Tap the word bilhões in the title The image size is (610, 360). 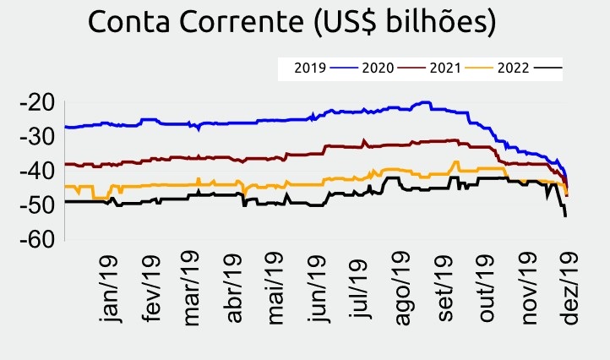click(441, 24)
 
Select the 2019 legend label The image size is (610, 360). click(310, 67)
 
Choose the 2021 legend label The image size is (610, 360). click(444, 67)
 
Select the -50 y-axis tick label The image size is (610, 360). click(36, 205)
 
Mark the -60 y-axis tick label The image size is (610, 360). click(36, 239)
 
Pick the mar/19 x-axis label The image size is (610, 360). click(192, 288)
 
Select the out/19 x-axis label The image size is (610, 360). click(487, 288)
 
